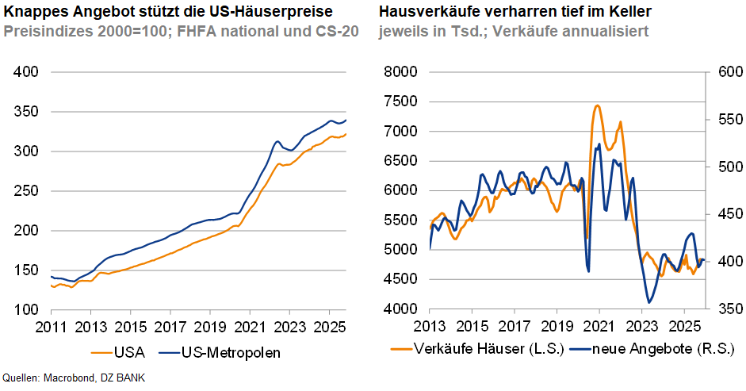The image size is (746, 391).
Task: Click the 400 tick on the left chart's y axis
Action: (27, 72)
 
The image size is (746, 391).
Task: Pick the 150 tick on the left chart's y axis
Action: (27, 270)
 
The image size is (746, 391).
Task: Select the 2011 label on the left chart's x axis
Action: (50, 325)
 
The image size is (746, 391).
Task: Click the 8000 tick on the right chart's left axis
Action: (402, 72)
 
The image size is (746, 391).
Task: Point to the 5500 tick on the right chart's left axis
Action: (402, 220)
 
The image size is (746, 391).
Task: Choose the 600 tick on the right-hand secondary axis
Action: (724, 72)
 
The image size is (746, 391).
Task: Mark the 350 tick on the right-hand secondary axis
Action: (724, 309)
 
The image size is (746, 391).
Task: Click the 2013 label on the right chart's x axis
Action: (429, 325)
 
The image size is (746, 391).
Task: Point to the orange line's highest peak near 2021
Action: (597, 105)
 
